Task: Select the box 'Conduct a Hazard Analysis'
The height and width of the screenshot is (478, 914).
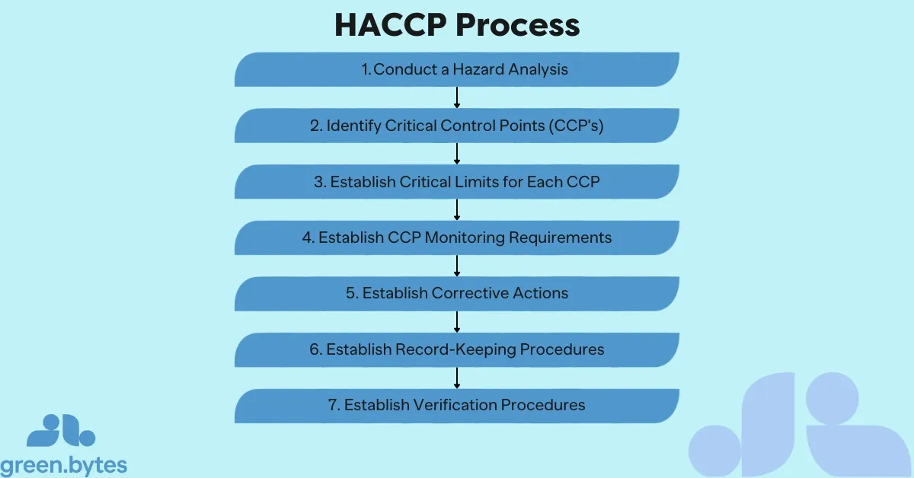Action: pyautogui.click(x=457, y=69)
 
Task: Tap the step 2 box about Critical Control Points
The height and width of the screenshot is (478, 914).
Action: pyautogui.click(x=457, y=126)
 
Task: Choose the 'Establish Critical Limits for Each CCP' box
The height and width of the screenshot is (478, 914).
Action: pyautogui.click(x=457, y=182)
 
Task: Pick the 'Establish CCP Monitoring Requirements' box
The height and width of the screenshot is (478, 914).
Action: pyautogui.click(x=457, y=237)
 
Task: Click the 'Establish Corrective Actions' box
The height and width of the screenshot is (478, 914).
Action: pyautogui.click(x=457, y=293)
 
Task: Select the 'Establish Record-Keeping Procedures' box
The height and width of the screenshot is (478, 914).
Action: pyautogui.click(x=457, y=349)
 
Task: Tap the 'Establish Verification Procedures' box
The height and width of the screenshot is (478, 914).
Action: pyautogui.click(x=457, y=405)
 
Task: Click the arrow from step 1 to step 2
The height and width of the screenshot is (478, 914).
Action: pyautogui.click(x=457, y=97)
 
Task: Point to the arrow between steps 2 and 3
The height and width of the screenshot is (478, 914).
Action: pyautogui.click(x=457, y=154)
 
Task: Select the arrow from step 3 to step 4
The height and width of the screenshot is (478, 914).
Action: pyautogui.click(x=457, y=209)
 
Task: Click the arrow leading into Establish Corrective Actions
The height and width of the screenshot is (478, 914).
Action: pyautogui.click(x=457, y=266)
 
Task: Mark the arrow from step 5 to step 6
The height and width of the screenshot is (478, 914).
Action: pyautogui.click(x=457, y=321)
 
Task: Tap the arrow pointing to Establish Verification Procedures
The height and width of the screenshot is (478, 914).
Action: pyautogui.click(x=457, y=378)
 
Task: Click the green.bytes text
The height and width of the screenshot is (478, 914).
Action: pyautogui.click(x=64, y=464)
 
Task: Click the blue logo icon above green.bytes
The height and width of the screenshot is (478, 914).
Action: pyautogui.click(x=61, y=431)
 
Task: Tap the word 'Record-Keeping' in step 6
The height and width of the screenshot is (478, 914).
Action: pyautogui.click(x=450, y=349)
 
